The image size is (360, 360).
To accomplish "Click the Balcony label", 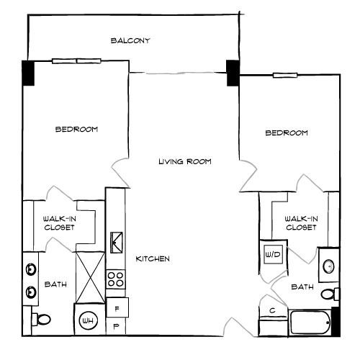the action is pyautogui.click(x=130, y=40).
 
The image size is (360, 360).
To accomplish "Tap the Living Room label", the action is pyautogui.click(x=185, y=161).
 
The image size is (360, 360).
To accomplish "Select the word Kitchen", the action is pyautogui.click(x=153, y=258).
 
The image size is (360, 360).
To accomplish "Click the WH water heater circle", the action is pyautogui.click(x=89, y=320).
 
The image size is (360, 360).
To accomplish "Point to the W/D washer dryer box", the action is pyautogui.click(x=273, y=254).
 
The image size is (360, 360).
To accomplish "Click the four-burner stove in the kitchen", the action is pyautogui.click(x=115, y=279).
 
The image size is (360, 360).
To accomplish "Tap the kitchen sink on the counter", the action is pyautogui.click(x=117, y=243).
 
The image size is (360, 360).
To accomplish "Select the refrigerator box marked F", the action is pyautogui.click(x=117, y=307).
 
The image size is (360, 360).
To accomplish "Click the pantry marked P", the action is pyautogui.click(x=116, y=326).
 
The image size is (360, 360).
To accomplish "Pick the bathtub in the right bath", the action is pyautogui.click(x=310, y=323).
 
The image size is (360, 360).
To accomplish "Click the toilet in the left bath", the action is pyautogui.click(x=41, y=320).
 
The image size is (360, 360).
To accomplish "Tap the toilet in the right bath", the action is pyautogui.click(x=330, y=294).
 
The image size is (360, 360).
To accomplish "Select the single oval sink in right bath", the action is pyautogui.click(x=328, y=266).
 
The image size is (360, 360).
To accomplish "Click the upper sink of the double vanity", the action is pyautogui.click(x=31, y=269).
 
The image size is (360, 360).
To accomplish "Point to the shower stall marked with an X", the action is pyautogui.click(x=90, y=277).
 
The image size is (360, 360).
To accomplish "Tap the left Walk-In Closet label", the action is pyautogui.click(x=59, y=223).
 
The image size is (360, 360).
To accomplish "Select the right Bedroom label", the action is pyautogui.click(x=287, y=132).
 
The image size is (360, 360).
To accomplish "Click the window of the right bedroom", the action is pyautogui.click(x=285, y=76).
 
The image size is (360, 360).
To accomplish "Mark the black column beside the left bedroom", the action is pyautogui.click(x=28, y=73).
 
